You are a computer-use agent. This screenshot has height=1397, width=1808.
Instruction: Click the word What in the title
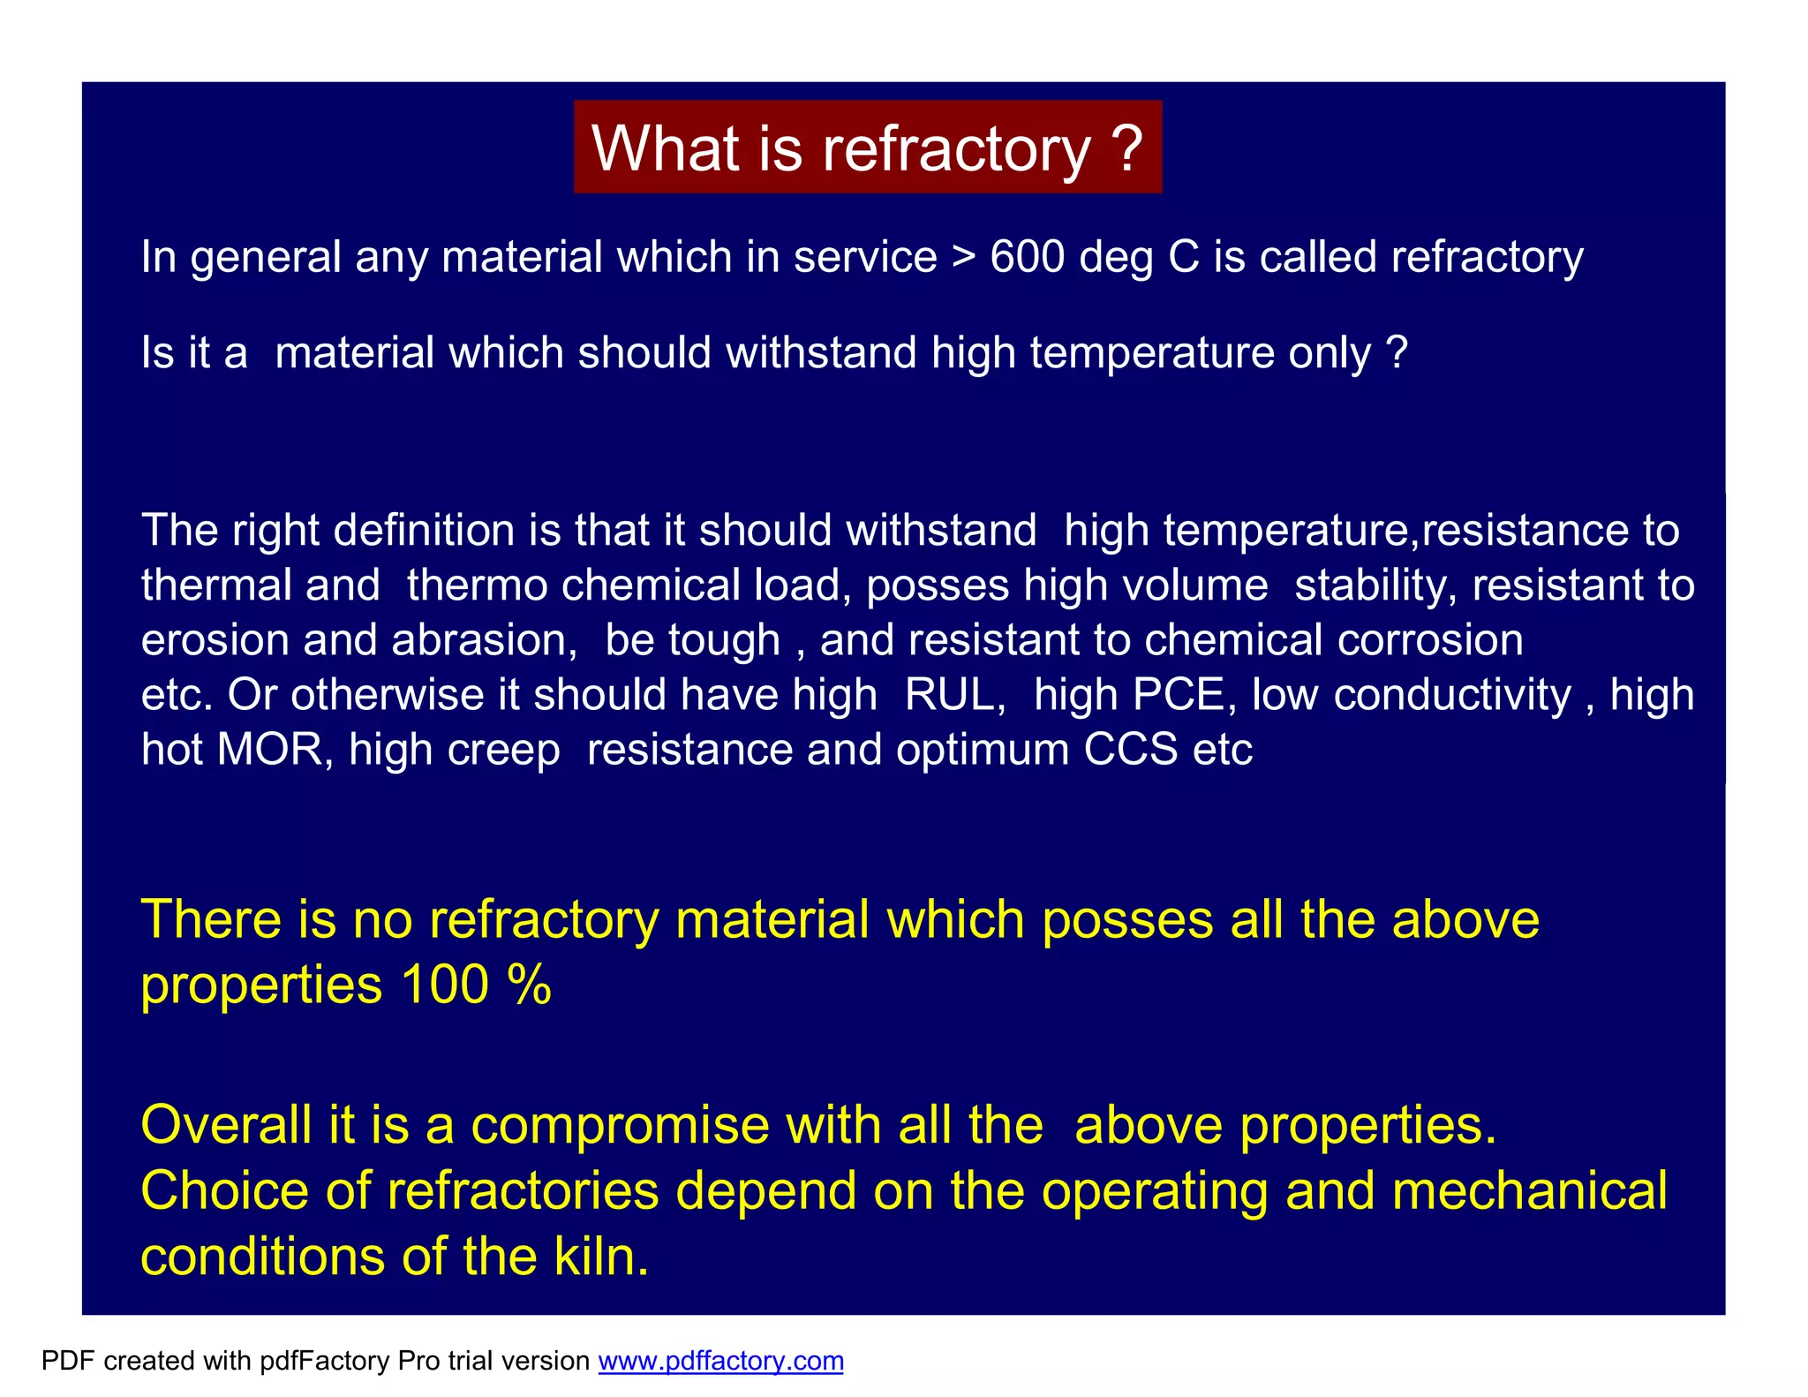[x=665, y=147]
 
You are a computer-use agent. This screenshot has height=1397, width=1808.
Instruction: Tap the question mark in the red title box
[x=1127, y=147]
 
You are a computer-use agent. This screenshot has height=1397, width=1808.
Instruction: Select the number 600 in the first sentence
[x=1027, y=257]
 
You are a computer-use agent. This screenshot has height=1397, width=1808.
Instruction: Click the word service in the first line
[x=864, y=257]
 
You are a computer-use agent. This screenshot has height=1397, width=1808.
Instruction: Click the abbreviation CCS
[x=1130, y=750]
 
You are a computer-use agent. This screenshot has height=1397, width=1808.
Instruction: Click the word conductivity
[x=1452, y=695]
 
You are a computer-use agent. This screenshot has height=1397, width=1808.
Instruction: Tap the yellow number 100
[x=444, y=985]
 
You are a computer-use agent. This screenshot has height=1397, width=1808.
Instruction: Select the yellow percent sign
[x=530, y=985]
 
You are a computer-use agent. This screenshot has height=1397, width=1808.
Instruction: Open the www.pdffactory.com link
[x=720, y=1361]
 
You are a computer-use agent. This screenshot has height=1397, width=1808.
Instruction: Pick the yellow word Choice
[x=224, y=1191]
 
